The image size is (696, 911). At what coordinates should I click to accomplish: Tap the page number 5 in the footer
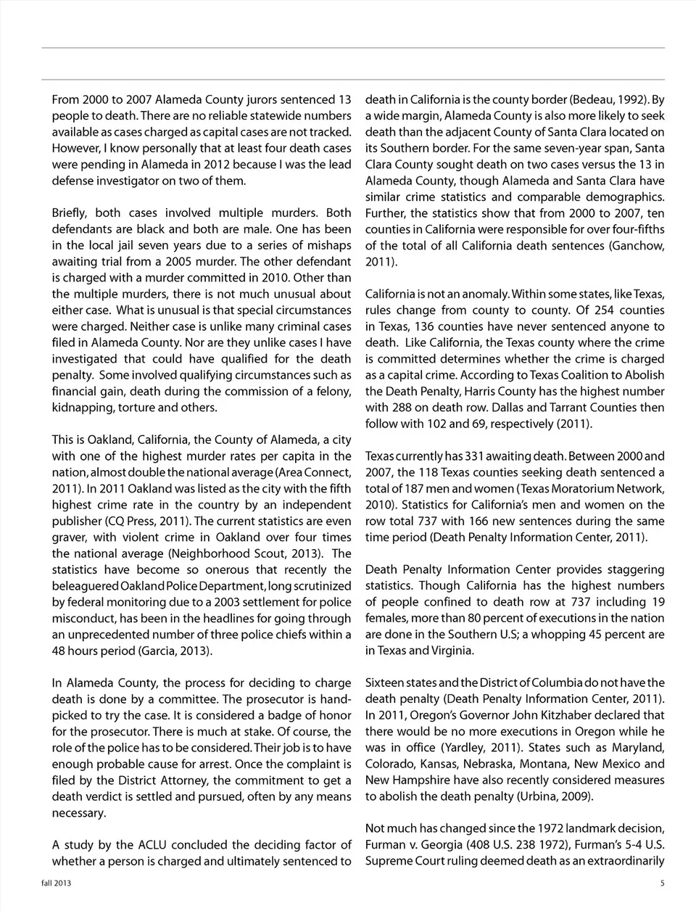coord(662,883)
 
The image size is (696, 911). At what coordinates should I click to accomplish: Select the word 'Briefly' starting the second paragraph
coord(70,213)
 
